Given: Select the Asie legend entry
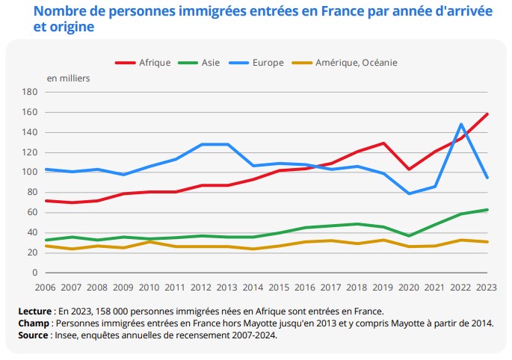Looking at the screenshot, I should point(210,63).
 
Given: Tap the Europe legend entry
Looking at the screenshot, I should point(268,63).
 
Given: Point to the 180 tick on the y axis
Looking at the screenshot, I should point(30,93).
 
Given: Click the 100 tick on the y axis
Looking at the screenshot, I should point(30,173).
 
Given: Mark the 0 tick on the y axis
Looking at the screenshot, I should point(34,273).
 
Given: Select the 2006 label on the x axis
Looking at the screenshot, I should point(45,288).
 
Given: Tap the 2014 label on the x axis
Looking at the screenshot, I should point(253,288).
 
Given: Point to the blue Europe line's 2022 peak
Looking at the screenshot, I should point(462,124).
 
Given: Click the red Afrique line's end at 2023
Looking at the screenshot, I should point(487,114).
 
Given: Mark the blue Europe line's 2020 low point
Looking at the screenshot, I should point(410,193).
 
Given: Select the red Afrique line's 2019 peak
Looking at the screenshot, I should point(383,143).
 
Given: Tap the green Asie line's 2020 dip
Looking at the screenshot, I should point(410,236).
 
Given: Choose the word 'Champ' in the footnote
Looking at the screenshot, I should point(34,323).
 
